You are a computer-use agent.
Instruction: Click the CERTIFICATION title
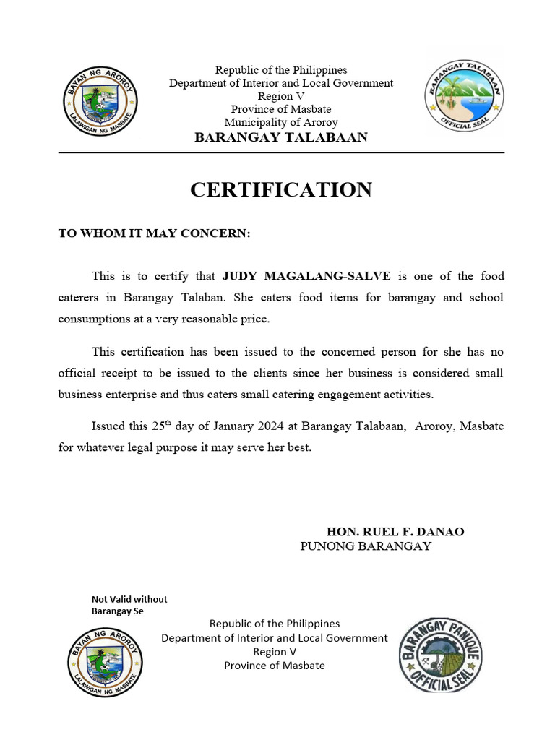click(281, 190)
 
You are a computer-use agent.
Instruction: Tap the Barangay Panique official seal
click(440, 654)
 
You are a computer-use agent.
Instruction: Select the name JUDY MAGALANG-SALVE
click(306, 276)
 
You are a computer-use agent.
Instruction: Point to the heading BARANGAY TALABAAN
click(281, 137)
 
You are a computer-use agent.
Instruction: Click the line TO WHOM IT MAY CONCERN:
click(154, 233)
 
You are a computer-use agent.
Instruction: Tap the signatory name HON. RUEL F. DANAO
click(395, 532)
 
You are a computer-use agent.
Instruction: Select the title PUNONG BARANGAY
click(366, 546)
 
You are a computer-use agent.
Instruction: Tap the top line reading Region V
click(281, 96)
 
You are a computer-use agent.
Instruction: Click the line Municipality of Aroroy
click(281, 123)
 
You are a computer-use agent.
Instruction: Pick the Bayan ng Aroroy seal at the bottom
click(105, 661)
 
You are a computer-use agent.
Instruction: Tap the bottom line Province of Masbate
click(275, 666)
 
